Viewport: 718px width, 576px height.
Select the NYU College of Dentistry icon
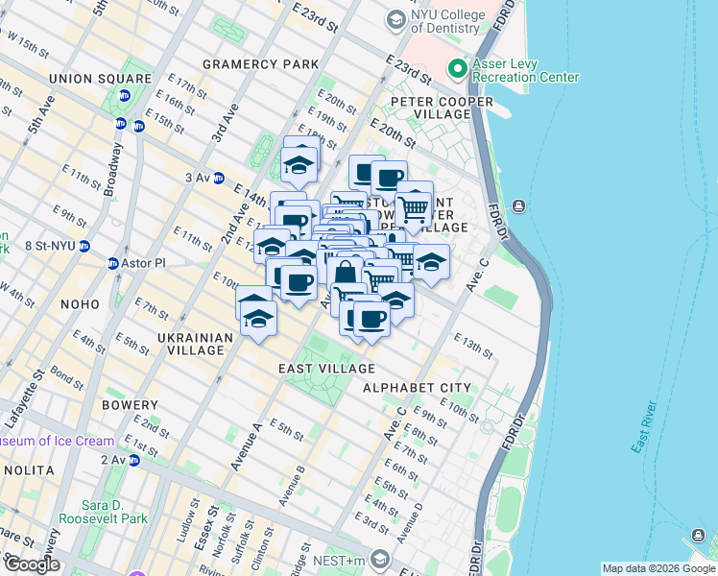tap(395, 19)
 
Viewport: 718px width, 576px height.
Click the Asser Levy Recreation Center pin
tap(457, 69)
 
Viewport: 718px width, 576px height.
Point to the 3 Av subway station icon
tap(218, 178)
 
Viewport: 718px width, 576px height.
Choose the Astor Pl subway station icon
tap(113, 263)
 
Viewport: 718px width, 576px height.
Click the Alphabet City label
tap(417, 388)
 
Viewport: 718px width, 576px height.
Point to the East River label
tap(650, 426)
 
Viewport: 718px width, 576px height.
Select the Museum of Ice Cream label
tap(58, 442)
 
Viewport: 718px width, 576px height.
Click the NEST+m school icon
tap(381, 560)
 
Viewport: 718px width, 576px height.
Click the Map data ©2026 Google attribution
tap(658, 568)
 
